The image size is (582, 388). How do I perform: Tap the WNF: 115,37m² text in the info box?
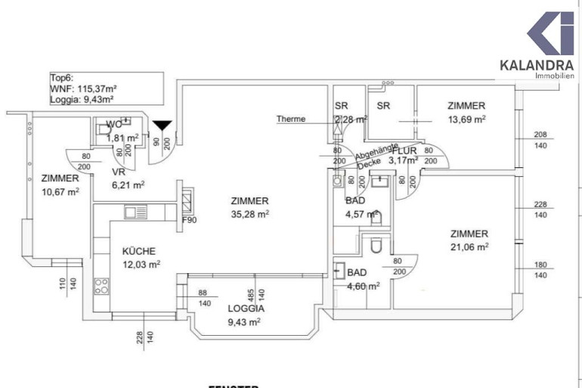pyautogui.click(x=82, y=88)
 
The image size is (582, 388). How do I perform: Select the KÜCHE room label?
pyautogui.click(x=139, y=251)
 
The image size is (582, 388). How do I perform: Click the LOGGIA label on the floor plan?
pyautogui.click(x=246, y=309)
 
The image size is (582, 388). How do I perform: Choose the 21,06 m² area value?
pyautogui.click(x=469, y=247)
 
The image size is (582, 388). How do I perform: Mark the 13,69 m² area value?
pyautogui.click(x=466, y=119)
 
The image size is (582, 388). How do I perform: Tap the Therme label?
pyautogui.click(x=291, y=119)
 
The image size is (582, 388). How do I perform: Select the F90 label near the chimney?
pyautogui.click(x=190, y=221)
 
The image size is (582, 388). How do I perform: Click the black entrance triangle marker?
pyautogui.click(x=162, y=126)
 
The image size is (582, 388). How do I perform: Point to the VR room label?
pyautogui.click(x=98, y=172)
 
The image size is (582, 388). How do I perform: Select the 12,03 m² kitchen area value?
pyautogui.click(x=141, y=264)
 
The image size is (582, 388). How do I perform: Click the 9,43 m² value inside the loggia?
pyautogui.click(x=243, y=321)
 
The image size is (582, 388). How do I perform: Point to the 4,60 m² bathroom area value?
pyautogui.click(x=362, y=286)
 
